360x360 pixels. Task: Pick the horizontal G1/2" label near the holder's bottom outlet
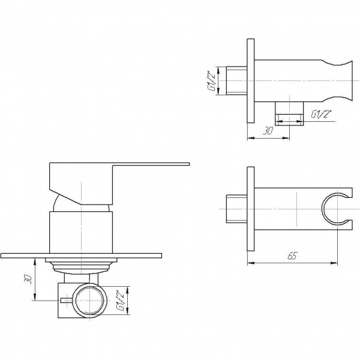click(319, 113)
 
